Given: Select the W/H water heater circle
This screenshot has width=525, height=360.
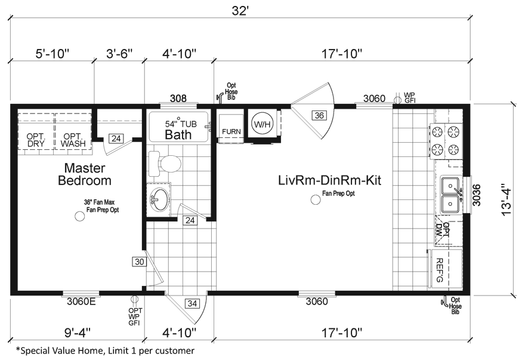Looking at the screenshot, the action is [x=262, y=124].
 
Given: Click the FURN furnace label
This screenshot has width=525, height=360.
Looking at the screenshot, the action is [x=231, y=131].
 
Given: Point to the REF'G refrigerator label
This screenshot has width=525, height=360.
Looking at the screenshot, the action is [x=440, y=270].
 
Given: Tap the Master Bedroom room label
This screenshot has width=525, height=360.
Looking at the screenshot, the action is [x=85, y=174].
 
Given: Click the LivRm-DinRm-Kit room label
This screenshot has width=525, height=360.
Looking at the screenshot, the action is [x=329, y=180].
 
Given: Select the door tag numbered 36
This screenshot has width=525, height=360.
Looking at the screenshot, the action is [x=319, y=115].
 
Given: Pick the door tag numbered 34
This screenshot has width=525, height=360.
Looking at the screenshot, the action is [x=192, y=304].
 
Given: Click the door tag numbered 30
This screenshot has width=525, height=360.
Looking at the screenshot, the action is [x=139, y=261].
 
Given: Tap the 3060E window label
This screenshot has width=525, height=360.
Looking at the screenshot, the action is [x=81, y=301].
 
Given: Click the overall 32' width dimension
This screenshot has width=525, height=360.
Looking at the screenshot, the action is [x=240, y=11].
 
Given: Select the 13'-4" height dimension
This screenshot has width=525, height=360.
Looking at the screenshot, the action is [x=507, y=200].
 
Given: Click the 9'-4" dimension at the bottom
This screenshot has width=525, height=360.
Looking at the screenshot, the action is [x=78, y=333].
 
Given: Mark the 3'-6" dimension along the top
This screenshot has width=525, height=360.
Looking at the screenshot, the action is [x=119, y=54].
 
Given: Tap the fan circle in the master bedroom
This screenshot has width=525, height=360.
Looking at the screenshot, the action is [x=80, y=216].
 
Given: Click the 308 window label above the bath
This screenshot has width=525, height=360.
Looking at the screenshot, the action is [x=178, y=99].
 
